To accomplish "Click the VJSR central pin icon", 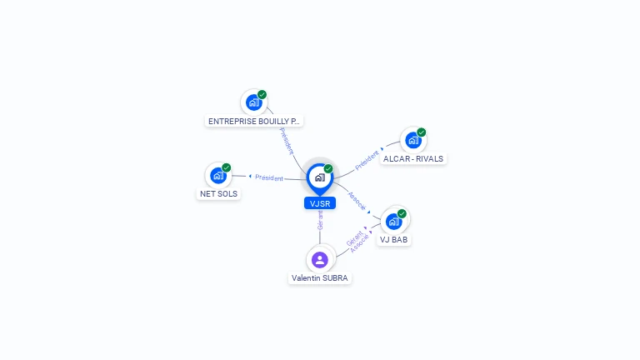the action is (320, 178).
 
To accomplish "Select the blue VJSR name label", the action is (320, 203).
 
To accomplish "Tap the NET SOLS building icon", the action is (218, 176).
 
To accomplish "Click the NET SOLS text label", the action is (219, 194).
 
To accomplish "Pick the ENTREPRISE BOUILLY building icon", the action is (254, 102).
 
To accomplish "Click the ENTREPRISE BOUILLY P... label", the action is (254, 121).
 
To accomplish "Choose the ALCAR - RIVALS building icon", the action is (413, 140).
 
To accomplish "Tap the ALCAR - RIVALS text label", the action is (413, 159).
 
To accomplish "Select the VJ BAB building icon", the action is (394, 222).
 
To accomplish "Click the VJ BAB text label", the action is (394, 240).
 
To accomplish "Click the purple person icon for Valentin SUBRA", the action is (320, 260).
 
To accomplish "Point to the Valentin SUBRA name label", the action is (320, 278).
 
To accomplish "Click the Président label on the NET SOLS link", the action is (269, 177).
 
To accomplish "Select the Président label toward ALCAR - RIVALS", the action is (367, 160).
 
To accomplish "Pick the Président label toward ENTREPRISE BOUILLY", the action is (287, 141).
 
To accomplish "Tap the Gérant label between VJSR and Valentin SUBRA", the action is (320, 220).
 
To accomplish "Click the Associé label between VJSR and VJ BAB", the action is (357, 201).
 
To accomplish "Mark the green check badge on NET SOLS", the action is (226, 167).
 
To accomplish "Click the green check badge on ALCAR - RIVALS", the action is (421, 132).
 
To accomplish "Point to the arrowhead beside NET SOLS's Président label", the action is (250, 177).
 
